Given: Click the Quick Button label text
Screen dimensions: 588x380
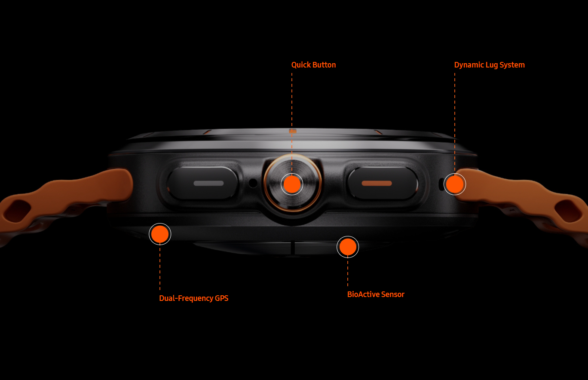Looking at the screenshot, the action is tap(313, 65).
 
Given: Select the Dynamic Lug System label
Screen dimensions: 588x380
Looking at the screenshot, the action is tap(489, 65).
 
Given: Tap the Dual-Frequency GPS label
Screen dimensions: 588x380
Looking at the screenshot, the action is tap(194, 298).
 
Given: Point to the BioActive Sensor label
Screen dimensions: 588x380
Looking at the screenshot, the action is tap(376, 294).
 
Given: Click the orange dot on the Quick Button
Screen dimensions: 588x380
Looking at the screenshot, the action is tap(292, 184).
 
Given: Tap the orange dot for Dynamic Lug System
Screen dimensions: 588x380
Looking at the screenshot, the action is tap(455, 184).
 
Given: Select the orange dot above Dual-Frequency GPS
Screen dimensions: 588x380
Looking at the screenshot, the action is tap(160, 234).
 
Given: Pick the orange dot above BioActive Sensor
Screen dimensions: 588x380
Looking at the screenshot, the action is tap(348, 247).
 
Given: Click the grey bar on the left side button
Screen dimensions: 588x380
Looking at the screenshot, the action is tap(209, 183).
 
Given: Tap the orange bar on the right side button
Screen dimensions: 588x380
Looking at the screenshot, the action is tap(377, 183).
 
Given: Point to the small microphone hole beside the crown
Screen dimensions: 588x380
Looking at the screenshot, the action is tap(253, 183).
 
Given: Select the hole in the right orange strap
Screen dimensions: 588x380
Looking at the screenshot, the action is tap(568, 211).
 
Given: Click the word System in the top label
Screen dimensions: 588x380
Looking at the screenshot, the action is tap(512, 65).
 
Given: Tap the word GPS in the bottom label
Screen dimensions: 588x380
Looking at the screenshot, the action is tap(221, 298).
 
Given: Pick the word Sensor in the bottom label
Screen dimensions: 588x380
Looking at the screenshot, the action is tap(393, 294).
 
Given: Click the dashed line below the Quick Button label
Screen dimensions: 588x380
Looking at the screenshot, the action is tap(292, 123).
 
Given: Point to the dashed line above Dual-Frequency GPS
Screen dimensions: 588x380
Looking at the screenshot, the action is tap(160, 267).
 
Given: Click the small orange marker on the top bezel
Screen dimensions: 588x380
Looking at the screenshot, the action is tap(293, 131).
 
